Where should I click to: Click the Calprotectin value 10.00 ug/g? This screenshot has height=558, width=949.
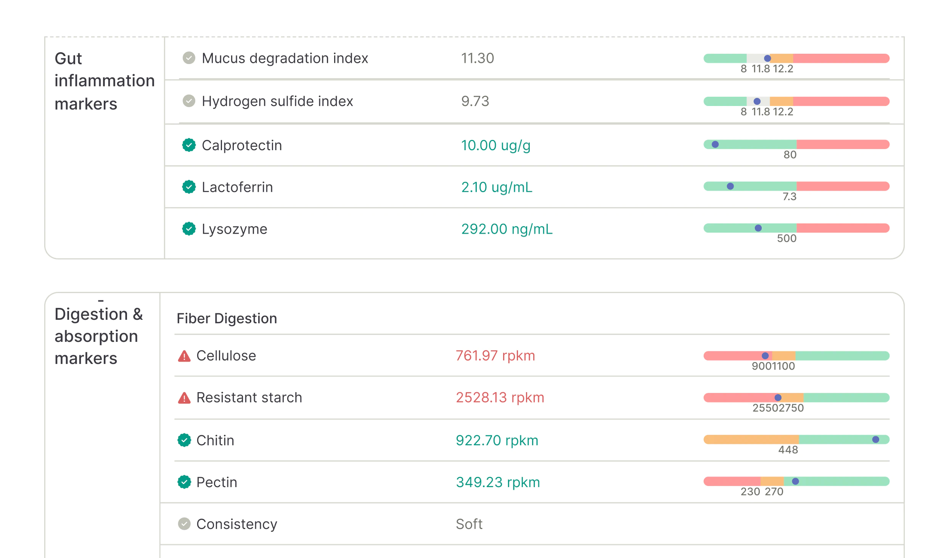495,145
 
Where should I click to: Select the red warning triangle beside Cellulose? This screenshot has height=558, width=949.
184,356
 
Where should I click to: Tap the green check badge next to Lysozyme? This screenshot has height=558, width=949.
189,229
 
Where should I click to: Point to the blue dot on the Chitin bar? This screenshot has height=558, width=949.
876,439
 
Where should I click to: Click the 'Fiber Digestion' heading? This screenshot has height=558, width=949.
227,318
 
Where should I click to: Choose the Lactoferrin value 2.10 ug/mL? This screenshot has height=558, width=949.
497,187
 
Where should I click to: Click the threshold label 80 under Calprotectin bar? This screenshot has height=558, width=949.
790,155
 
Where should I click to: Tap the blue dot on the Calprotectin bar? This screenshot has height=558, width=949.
715,144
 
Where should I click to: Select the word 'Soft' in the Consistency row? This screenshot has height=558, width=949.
469,524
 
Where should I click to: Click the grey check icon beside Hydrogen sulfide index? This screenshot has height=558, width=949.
189,101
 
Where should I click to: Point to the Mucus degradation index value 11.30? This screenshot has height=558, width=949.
478,58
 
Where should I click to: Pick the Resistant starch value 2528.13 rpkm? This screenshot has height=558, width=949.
500,398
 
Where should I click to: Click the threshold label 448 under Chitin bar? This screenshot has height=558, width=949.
788,450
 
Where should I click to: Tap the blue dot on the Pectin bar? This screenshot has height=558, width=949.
795,481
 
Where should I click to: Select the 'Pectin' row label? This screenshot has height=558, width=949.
217,482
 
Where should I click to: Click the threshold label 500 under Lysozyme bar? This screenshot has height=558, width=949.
787,239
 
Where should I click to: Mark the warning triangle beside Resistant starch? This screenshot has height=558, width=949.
184,398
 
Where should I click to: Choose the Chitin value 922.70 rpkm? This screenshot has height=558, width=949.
497,440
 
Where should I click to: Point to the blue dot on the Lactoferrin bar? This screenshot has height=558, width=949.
730,186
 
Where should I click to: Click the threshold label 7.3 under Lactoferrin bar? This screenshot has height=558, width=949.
789,197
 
